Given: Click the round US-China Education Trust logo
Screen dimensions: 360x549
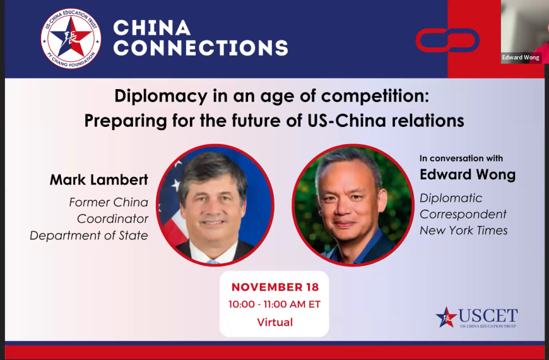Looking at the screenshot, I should coord(71,39).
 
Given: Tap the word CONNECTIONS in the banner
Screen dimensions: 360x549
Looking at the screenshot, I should coord(200,47).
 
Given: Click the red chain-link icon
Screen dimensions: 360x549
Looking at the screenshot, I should coord(447,40).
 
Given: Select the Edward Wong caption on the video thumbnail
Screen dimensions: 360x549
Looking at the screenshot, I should coord(521,57).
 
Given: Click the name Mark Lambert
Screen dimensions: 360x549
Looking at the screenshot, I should coord(99,180).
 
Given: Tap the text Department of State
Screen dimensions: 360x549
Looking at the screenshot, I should coord(89,236).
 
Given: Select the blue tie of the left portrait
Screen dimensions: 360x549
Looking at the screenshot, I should coord(213,261).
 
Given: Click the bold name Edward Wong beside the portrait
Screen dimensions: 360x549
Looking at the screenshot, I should coord(467,175).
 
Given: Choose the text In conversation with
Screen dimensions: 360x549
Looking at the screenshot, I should coord(461,159).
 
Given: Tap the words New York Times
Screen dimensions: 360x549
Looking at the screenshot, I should coord(464,231).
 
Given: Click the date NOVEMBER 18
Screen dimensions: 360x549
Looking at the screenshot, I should coord(274,287).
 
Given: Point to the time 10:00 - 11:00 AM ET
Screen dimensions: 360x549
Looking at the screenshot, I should coord(274,304).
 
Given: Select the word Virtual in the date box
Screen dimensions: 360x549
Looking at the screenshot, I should coord(274,322).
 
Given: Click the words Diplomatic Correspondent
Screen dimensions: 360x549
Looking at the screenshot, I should coord(463,207).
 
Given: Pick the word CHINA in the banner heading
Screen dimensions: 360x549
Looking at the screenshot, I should coord(152,28).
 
